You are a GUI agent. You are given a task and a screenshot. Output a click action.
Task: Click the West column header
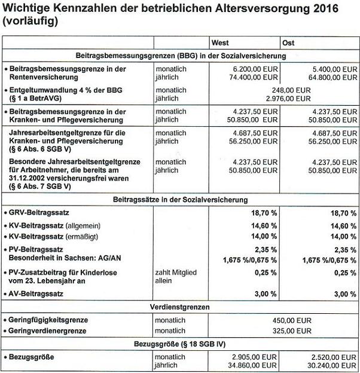[x=220, y=43]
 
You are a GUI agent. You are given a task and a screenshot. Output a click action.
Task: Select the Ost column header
[x=288, y=43]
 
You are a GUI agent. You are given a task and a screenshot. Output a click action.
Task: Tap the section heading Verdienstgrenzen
[x=181, y=306]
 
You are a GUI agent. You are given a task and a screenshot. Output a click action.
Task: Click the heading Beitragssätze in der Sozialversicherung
[x=181, y=200]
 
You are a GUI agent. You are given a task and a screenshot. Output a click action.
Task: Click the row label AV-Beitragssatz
[x=38, y=293]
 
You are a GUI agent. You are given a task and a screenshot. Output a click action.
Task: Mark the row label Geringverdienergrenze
[x=48, y=330]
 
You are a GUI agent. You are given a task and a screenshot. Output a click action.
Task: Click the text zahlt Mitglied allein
[x=176, y=276]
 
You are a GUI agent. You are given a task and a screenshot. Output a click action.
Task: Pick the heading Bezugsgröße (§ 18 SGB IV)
[x=181, y=344]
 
